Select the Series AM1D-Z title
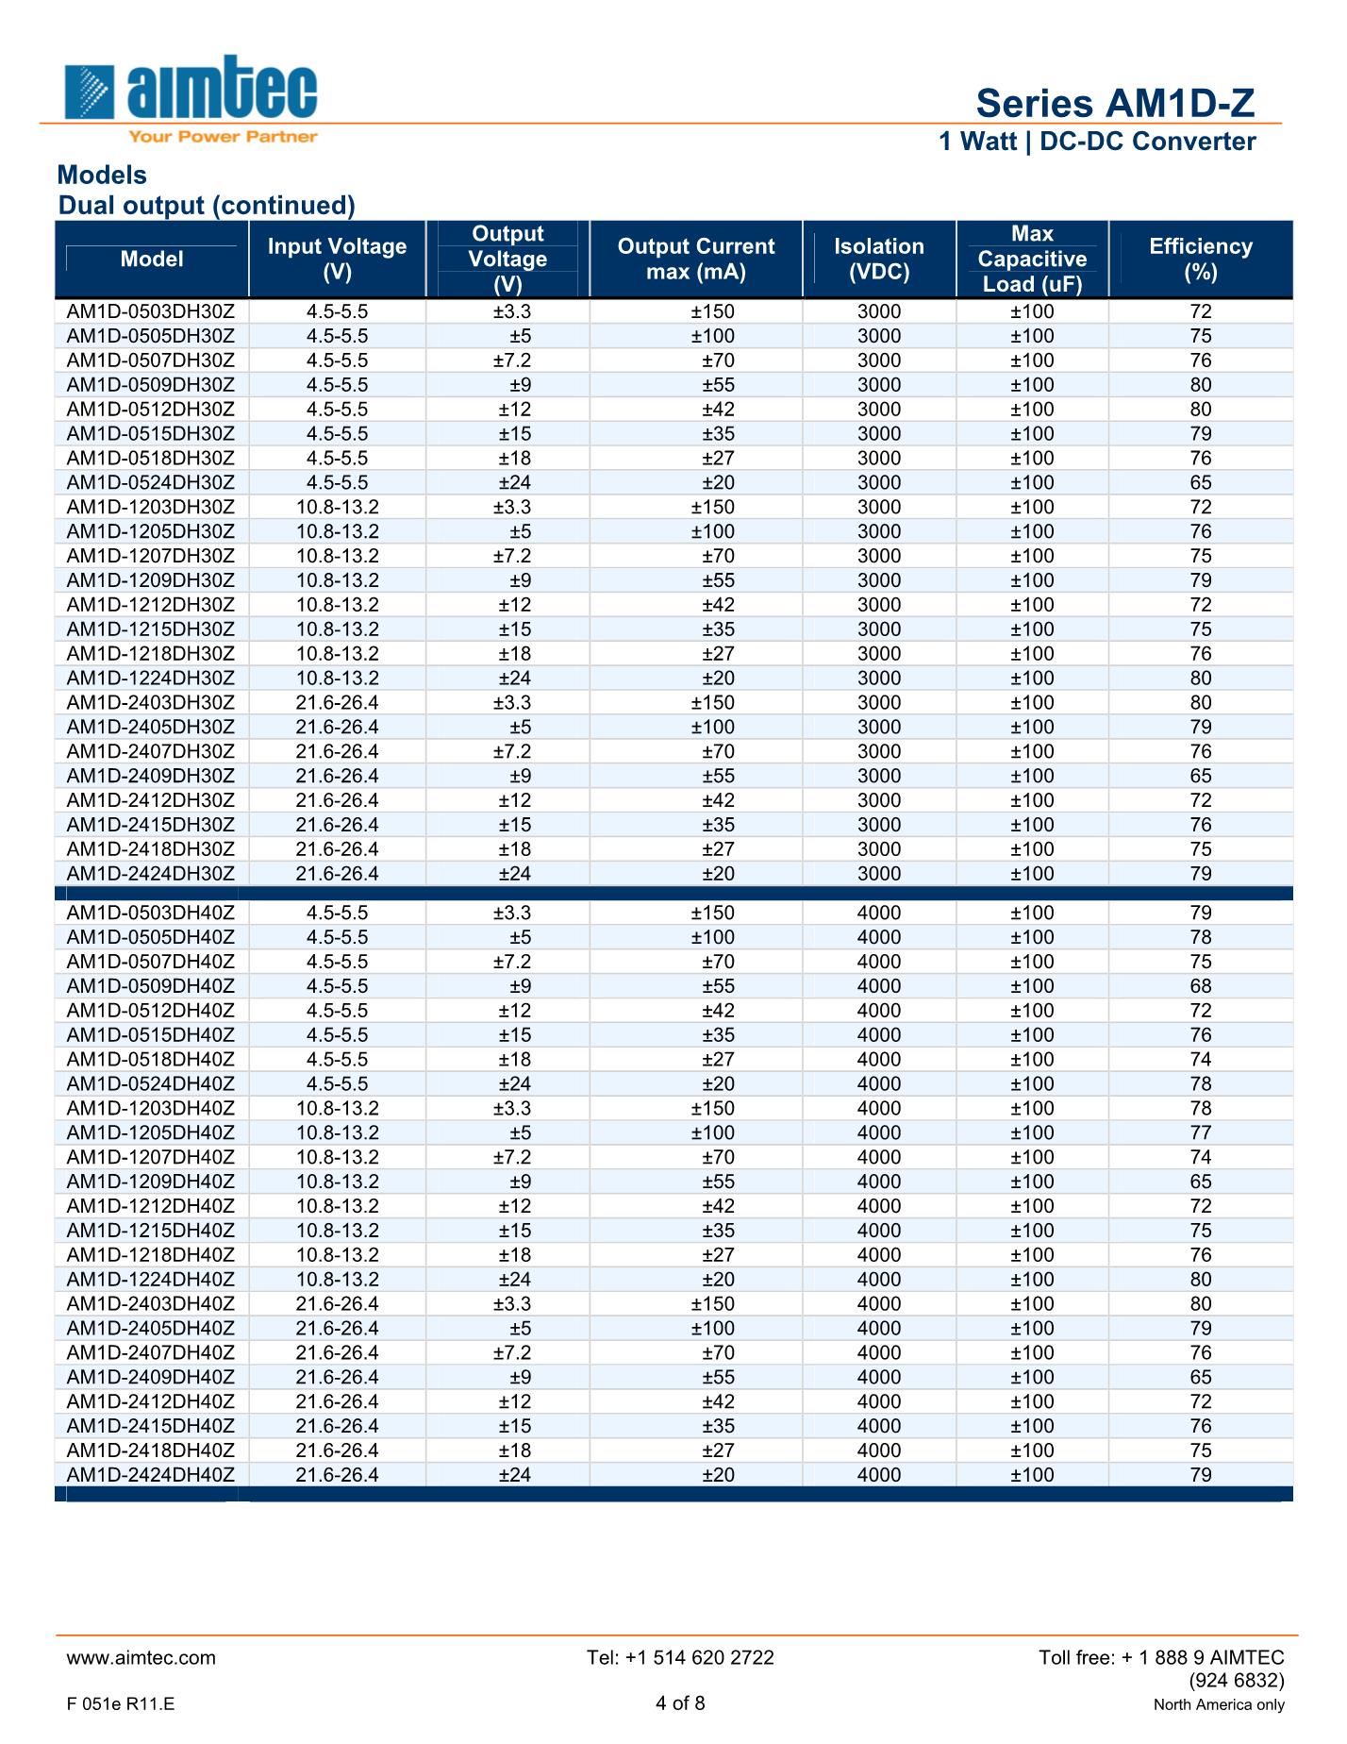click(1115, 103)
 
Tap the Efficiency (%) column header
click(1200, 260)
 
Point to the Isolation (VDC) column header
click(878, 260)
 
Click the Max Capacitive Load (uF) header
click(1032, 260)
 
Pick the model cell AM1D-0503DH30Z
click(151, 312)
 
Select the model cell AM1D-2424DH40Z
click(151, 1475)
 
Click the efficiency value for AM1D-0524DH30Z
click(1200, 483)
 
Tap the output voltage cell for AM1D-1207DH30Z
click(512, 557)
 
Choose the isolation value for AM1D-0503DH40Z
click(878, 914)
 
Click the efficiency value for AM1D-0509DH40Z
click(1200, 986)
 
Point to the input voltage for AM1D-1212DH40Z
click(337, 1206)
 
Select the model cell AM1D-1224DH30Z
click(151, 679)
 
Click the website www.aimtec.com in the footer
click(141, 1658)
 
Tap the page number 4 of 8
click(680, 1703)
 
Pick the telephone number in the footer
click(680, 1658)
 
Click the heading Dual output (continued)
click(207, 206)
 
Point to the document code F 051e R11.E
click(121, 1704)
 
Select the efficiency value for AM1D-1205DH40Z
click(1200, 1133)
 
